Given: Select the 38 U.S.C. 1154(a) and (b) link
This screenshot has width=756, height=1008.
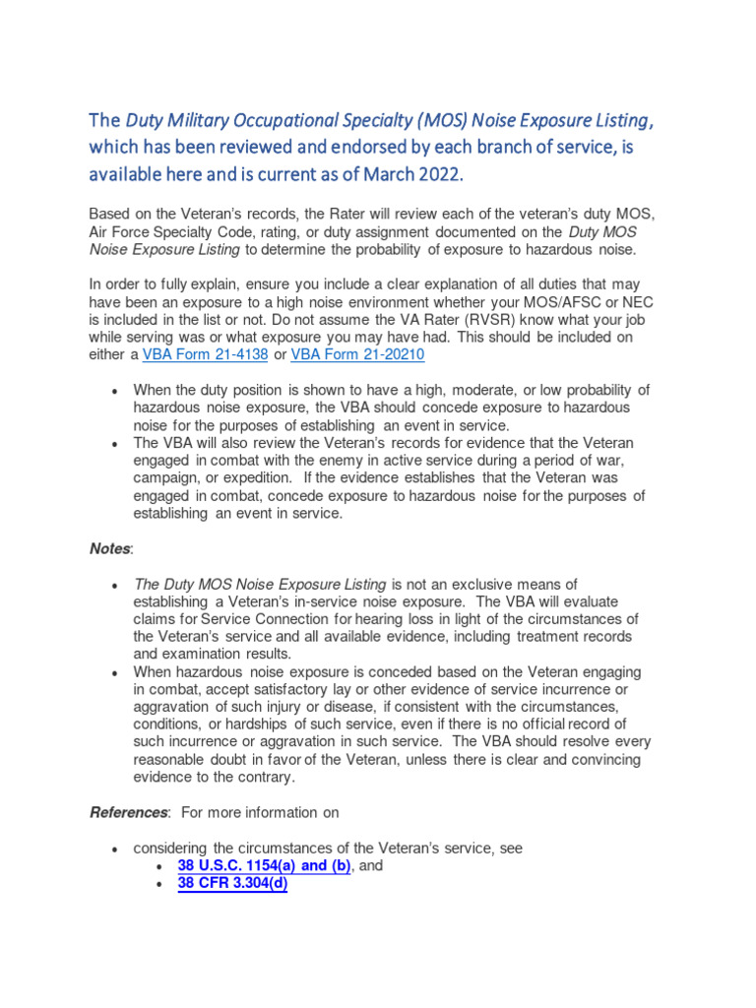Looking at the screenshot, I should coord(264,865).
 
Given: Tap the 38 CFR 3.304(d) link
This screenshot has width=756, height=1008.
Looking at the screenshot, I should coord(232,883).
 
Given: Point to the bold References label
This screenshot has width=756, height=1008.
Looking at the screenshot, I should coord(128,812).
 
